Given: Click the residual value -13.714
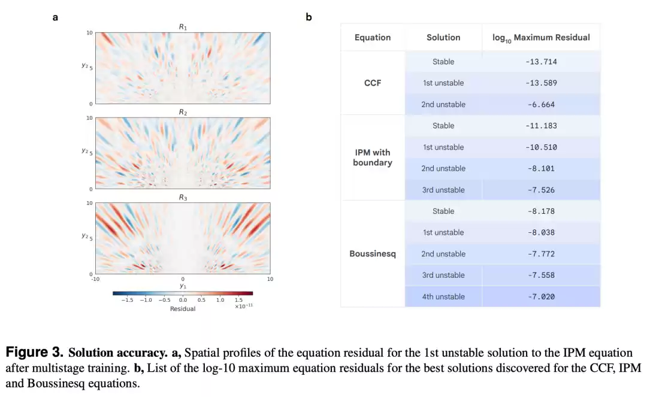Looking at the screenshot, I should (x=541, y=62).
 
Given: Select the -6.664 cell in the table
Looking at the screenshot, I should (x=541, y=105).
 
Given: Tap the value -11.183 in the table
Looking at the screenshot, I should (x=541, y=126).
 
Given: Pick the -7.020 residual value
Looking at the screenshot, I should (x=541, y=296).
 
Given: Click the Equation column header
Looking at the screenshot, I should (x=373, y=37).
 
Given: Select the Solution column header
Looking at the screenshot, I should (x=443, y=37).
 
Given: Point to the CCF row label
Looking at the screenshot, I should (x=373, y=83).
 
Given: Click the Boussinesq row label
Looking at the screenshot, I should (x=373, y=254).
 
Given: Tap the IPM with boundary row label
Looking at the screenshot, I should (x=373, y=157).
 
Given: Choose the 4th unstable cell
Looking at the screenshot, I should (x=443, y=296).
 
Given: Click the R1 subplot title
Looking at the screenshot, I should (x=183, y=27).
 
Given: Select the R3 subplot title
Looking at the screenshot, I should (x=183, y=197).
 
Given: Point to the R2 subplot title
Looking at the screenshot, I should (x=183, y=112).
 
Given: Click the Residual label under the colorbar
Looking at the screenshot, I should (x=183, y=308).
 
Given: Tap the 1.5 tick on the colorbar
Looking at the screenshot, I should (x=239, y=300).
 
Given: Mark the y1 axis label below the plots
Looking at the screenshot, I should (x=183, y=286).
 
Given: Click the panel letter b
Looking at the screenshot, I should (x=309, y=17).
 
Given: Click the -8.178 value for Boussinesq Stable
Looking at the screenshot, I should (x=541, y=211).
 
